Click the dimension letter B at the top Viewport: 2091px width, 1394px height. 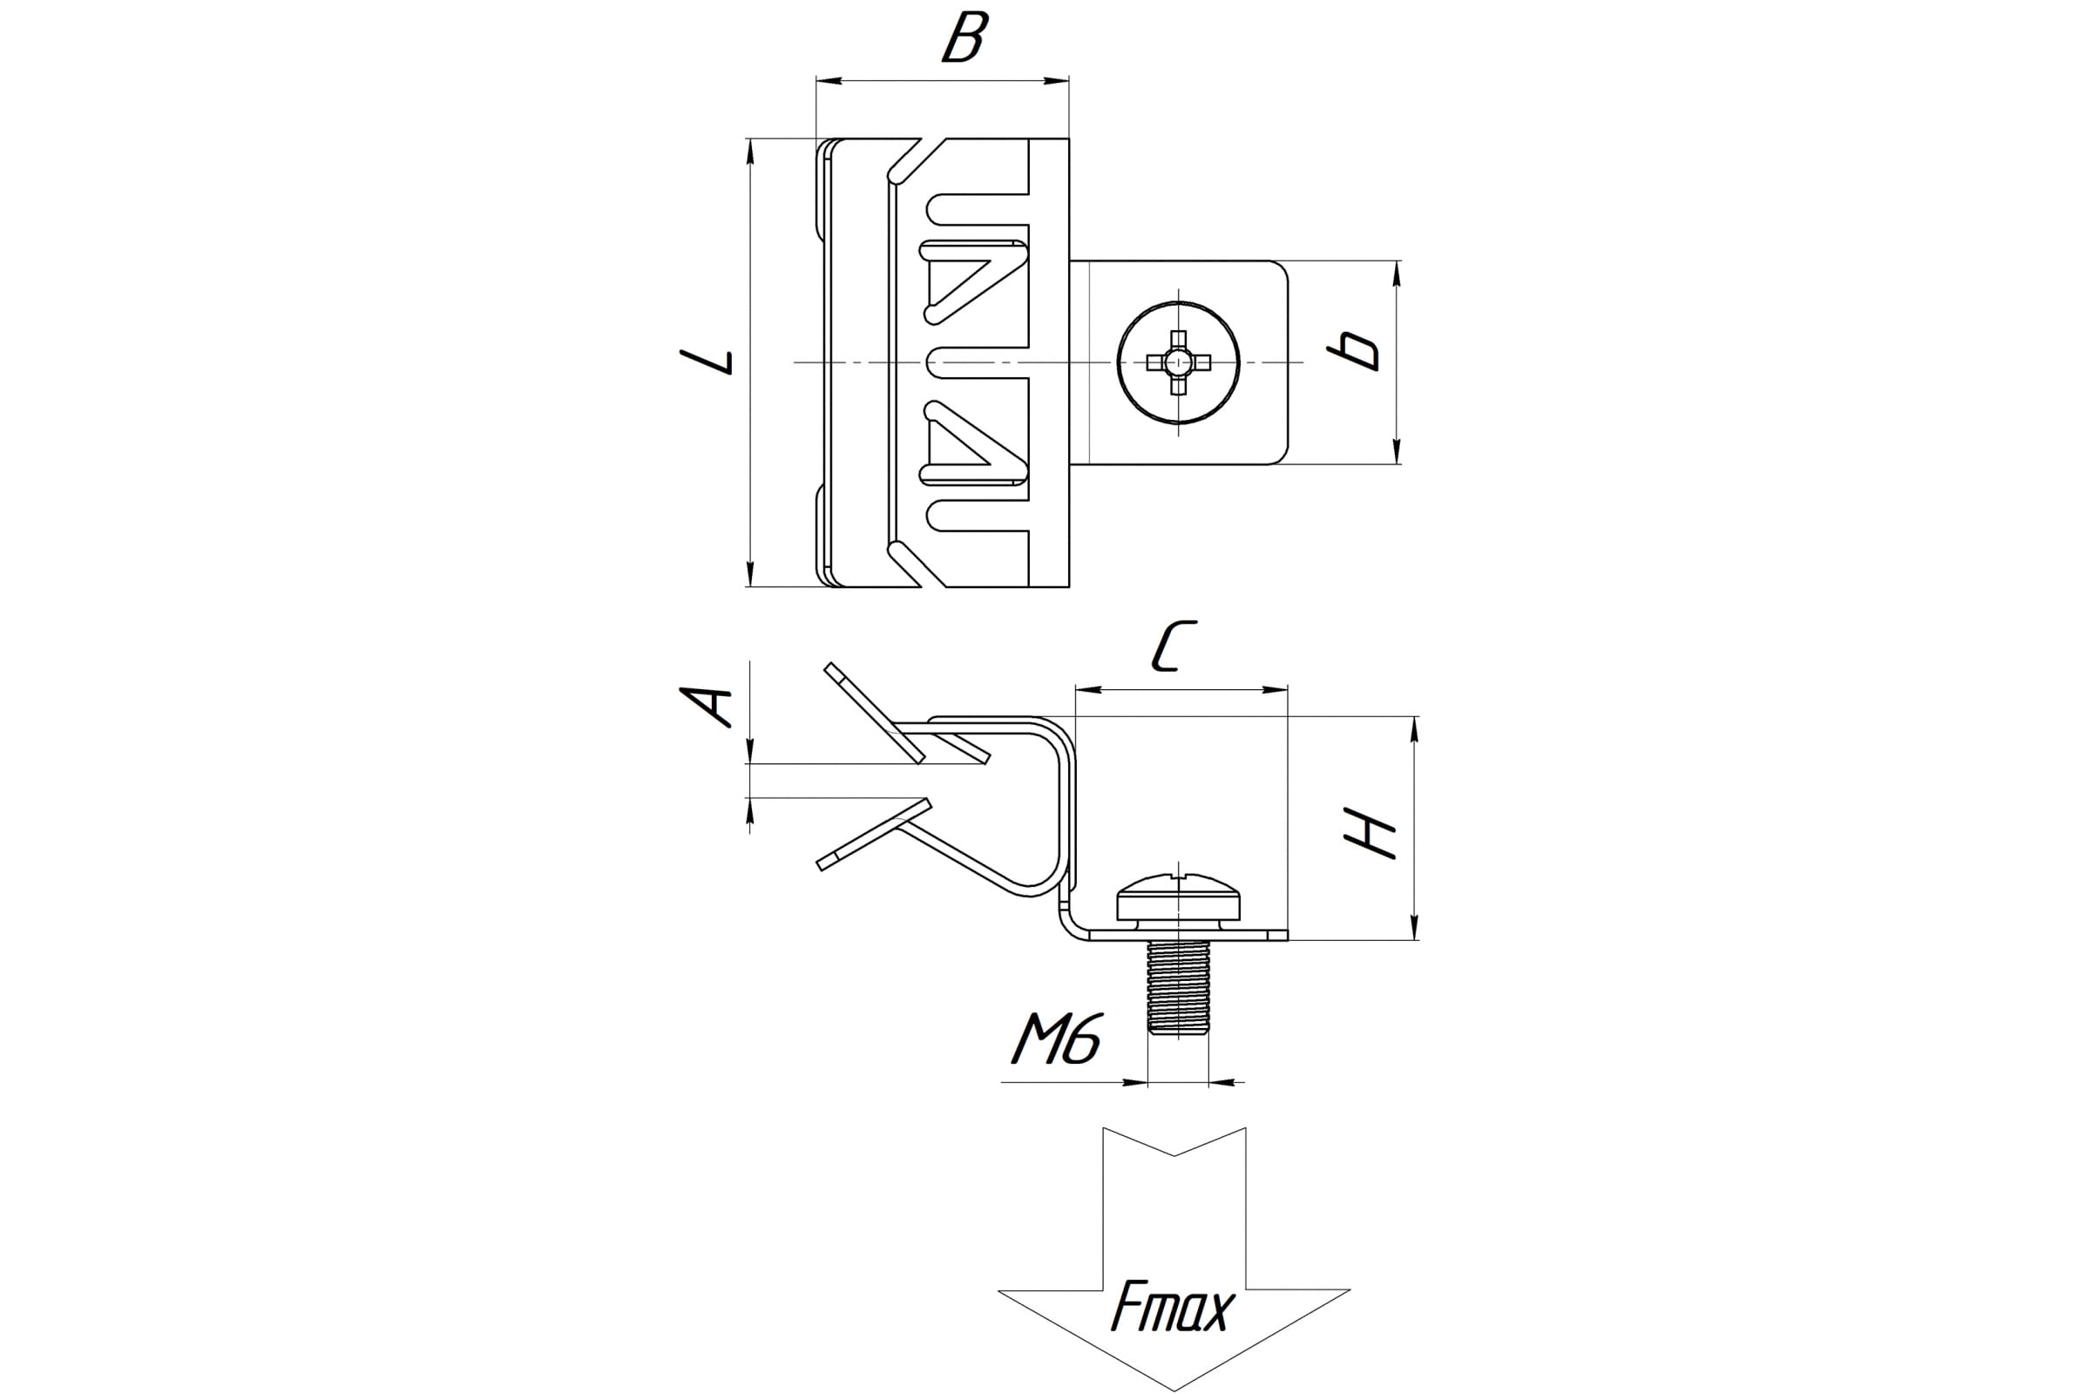tap(964, 38)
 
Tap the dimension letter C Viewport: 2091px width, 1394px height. tap(1174, 646)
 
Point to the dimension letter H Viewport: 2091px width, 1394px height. tap(1370, 833)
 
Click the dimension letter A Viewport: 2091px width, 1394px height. tap(707, 707)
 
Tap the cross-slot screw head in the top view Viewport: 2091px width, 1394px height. tap(1178, 362)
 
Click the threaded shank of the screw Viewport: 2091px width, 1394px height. tap(1178, 987)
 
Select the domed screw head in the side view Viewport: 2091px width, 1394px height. tap(1178, 898)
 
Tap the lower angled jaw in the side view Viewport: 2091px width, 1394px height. tap(874, 834)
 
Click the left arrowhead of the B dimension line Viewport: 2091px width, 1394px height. tap(828, 82)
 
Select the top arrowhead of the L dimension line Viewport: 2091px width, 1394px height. tap(750, 151)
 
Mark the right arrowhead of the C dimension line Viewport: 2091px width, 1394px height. tap(1276, 689)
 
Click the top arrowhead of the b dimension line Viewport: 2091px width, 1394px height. tap(1397, 273)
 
